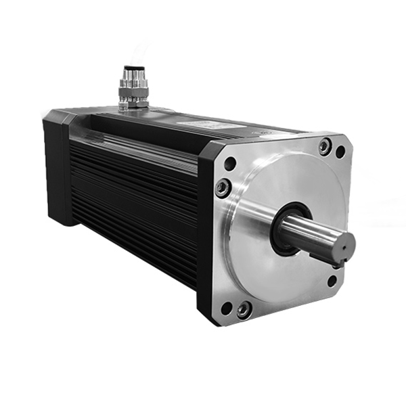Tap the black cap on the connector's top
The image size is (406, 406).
coord(131,70)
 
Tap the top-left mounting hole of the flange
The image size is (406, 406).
coord(230,163)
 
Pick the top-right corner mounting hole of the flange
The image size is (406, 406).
coord(340,152)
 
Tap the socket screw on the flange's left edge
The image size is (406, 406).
coord(222,187)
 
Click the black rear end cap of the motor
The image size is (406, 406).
coord(58,169)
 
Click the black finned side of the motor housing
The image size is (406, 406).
coord(135,203)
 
